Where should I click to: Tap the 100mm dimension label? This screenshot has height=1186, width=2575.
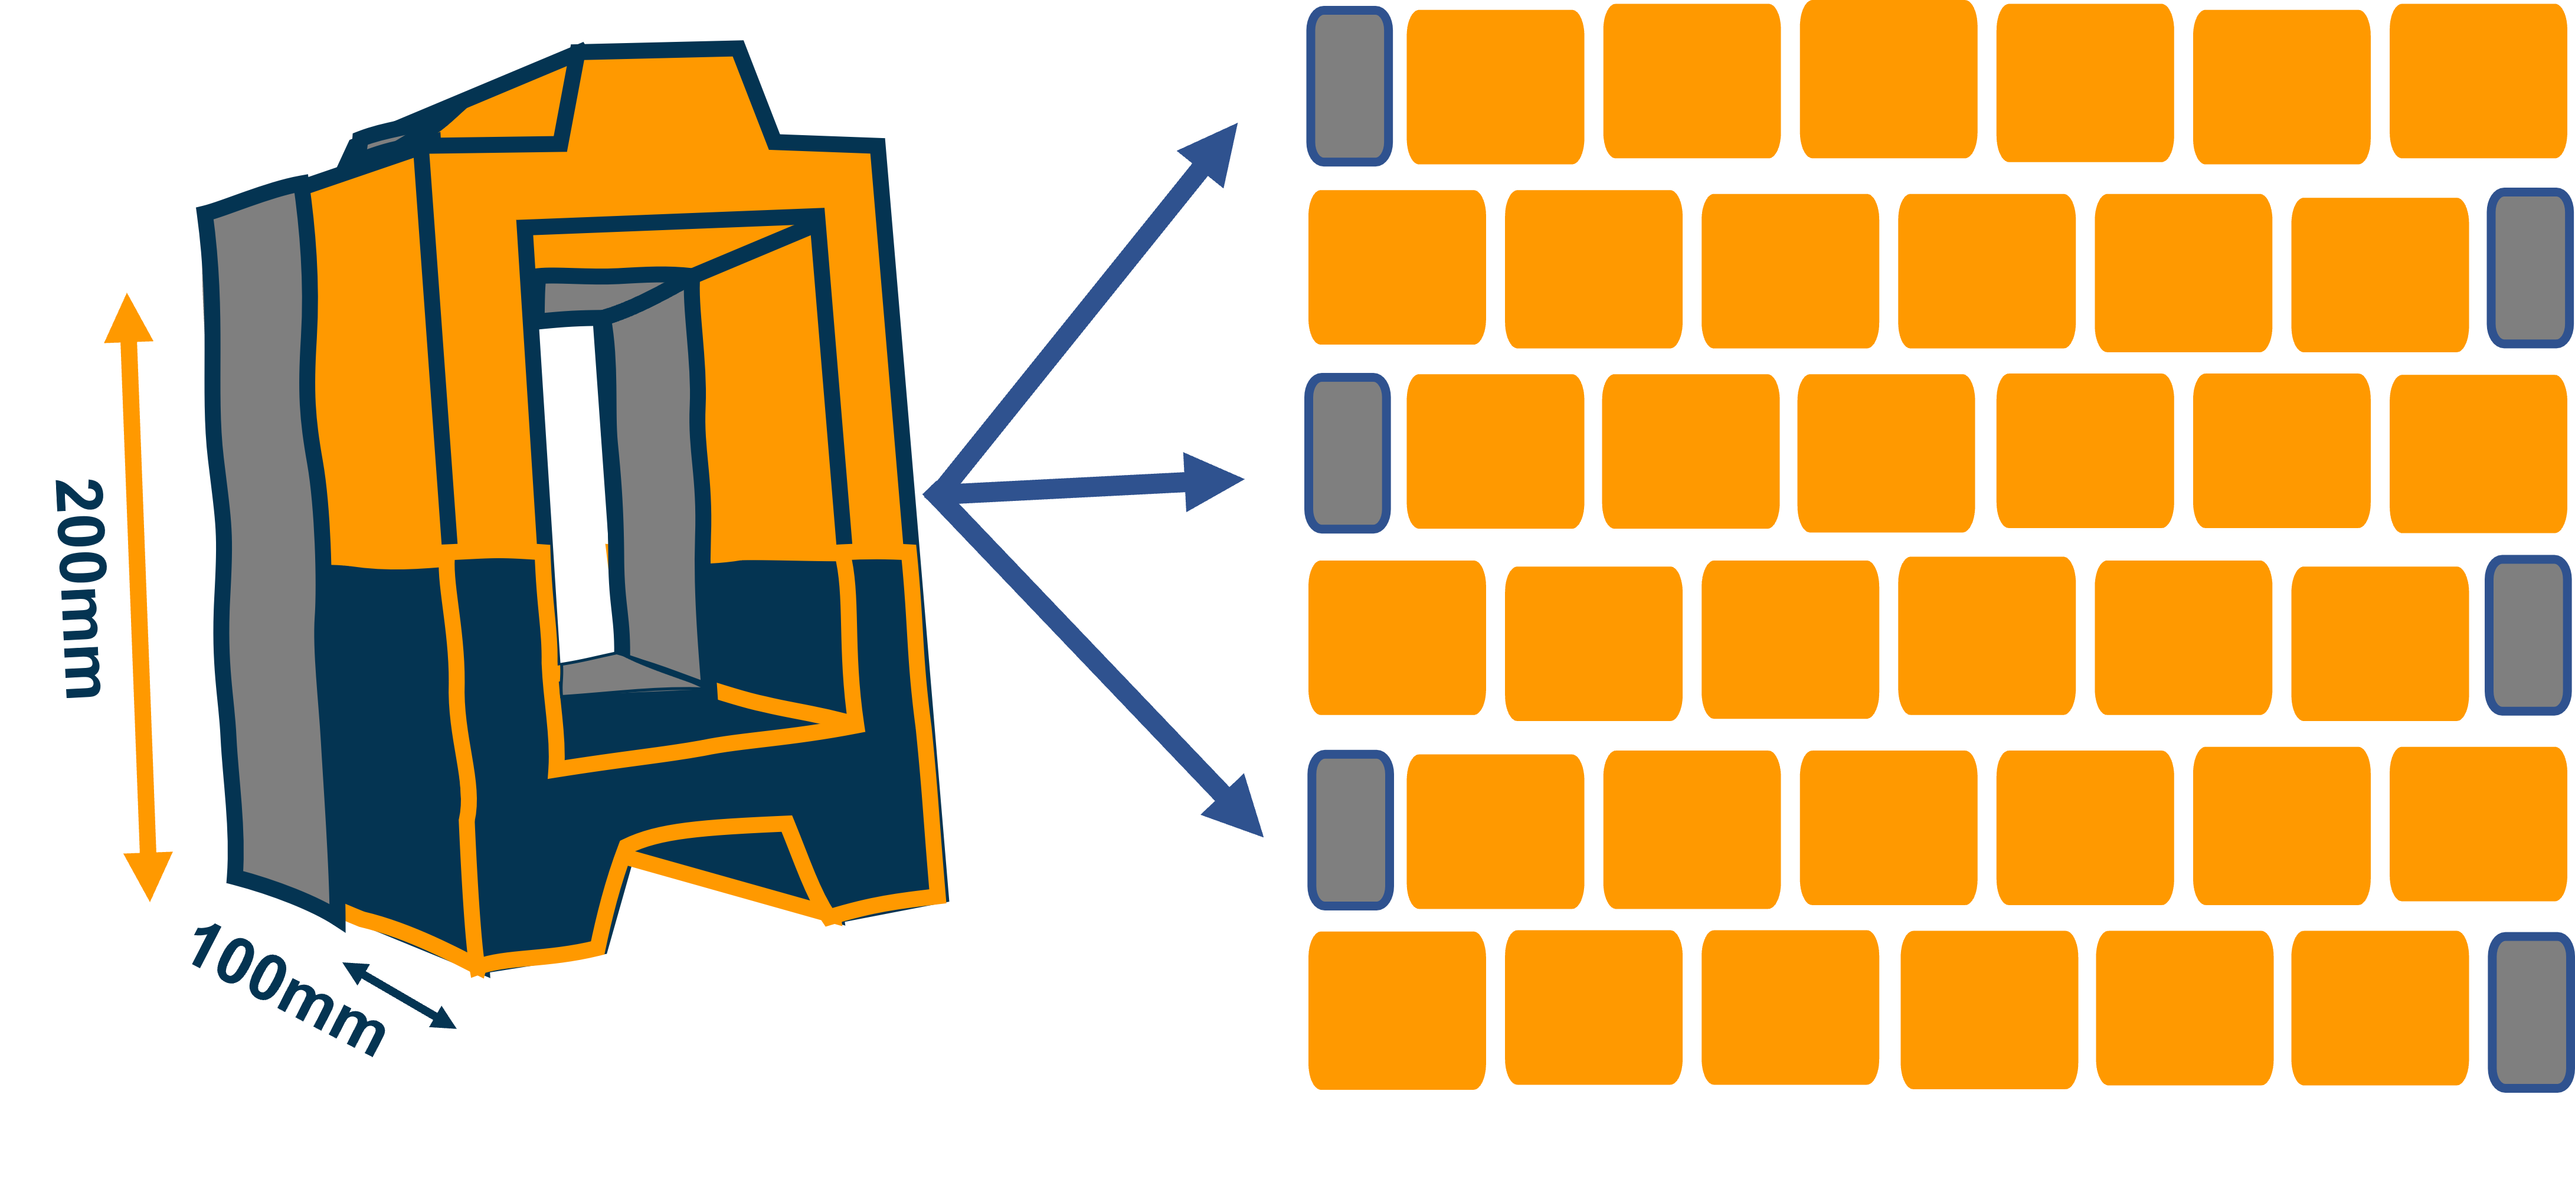287,988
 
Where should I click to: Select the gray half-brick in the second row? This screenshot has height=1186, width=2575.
2529,268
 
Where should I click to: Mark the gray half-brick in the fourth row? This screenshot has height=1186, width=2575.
2528,635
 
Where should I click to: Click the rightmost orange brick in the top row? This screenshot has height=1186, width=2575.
2478,81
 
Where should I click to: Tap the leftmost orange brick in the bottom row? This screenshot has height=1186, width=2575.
1396,1010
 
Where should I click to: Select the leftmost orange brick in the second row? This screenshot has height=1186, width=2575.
1396,267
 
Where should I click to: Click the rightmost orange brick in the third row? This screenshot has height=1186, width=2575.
2478,454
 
